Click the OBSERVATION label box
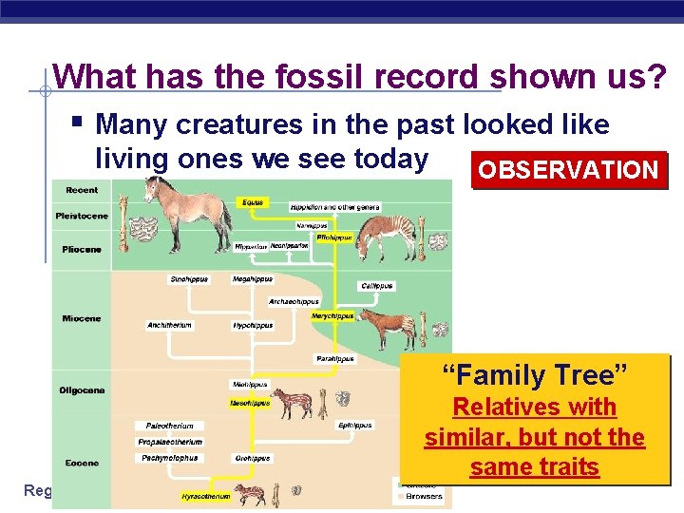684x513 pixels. (568, 171)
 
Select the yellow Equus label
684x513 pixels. (253, 202)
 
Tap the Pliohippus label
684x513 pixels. (335, 237)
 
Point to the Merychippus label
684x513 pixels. (332, 315)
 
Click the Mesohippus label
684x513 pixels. (251, 403)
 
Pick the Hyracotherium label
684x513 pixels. (206, 496)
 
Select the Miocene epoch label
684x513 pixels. (82, 318)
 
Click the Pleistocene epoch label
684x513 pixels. (82, 216)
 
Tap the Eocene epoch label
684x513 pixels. (82, 464)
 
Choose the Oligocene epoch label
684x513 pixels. (82, 390)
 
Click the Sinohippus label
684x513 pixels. (189, 279)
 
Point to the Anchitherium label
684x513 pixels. (170, 325)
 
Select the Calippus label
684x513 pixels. (377, 285)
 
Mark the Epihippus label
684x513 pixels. (355, 426)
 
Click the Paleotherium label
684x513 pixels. (170, 426)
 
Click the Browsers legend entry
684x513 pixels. (423, 496)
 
